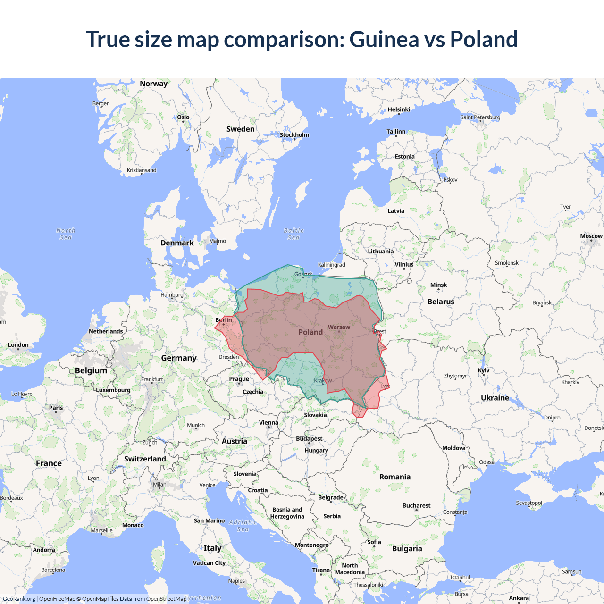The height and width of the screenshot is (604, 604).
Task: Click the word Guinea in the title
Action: [x=384, y=39]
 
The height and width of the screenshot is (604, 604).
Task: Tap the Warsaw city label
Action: [x=339, y=327]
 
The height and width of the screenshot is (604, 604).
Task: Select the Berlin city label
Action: [x=224, y=320]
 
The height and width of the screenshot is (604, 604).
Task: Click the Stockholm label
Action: [x=294, y=135]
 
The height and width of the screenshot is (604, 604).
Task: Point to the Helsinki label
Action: [x=399, y=109]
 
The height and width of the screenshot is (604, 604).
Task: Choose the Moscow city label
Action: [x=591, y=236]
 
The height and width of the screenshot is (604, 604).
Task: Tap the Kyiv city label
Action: [x=484, y=370]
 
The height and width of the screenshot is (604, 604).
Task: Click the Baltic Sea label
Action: [x=294, y=234]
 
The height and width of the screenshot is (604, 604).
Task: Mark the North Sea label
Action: [x=66, y=234]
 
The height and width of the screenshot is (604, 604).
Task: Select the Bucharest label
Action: [x=416, y=505]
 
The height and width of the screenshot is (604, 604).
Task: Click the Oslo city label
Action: [x=183, y=117]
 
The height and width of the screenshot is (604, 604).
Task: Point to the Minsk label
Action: [x=438, y=285]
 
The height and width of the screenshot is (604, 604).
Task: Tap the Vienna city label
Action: [x=268, y=423]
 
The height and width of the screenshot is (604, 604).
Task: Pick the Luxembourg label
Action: [x=113, y=390]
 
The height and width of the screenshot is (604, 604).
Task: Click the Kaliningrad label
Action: [x=331, y=265]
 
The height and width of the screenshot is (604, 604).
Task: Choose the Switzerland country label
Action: [x=145, y=459]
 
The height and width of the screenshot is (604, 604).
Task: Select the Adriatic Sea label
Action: [x=243, y=526]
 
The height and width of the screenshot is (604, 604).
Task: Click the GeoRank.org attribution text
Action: [x=19, y=599]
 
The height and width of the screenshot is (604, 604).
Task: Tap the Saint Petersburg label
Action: [x=480, y=117]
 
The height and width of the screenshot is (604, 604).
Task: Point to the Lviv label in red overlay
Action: [x=385, y=386]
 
